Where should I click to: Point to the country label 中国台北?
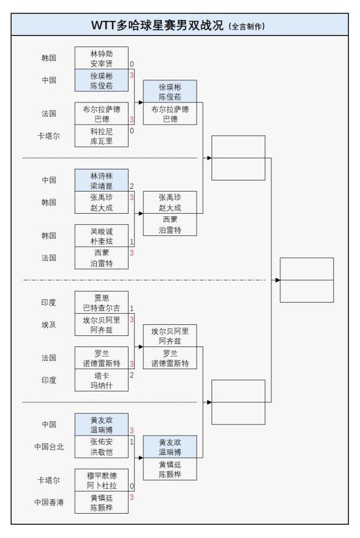pyautogui.click(x=48, y=447)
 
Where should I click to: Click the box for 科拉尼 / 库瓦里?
pyautogui.click(x=101, y=136)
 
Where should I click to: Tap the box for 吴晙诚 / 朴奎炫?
pyautogui.click(x=101, y=236)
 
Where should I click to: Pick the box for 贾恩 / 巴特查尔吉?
pyautogui.click(x=101, y=303)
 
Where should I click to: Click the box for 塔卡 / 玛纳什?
pyautogui.click(x=101, y=380)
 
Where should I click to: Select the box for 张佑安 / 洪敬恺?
pyautogui.click(x=101, y=447)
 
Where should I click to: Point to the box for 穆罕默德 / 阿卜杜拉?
pyautogui.click(x=101, y=480)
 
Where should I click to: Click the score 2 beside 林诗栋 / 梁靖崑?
pyautogui.click(x=132, y=187)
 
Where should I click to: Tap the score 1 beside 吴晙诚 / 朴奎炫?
pyautogui.click(x=132, y=242)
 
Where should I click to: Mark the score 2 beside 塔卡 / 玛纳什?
pyautogui.click(x=132, y=375)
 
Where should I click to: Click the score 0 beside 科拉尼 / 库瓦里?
pyautogui.click(x=132, y=131)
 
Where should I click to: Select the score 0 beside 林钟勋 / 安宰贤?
pyautogui.click(x=132, y=65)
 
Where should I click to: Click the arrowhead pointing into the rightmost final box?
pyautogui.click(x=277, y=280)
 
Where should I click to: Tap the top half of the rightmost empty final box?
pyautogui.click(x=307, y=268)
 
